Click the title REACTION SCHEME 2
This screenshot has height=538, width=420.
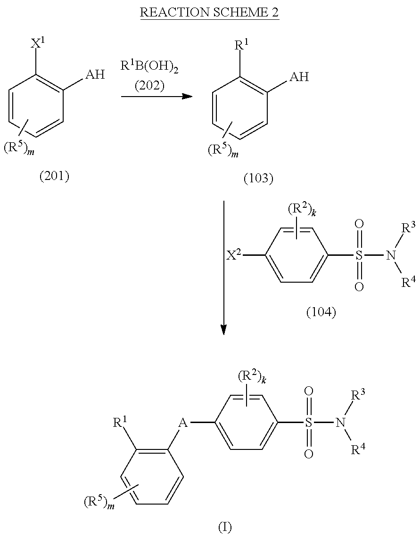pyautogui.click(x=210, y=12)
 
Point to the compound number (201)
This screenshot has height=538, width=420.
pyautogui.click(x=54, y=177)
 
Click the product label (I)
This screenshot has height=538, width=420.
pyautogui.click(x=226, y=526)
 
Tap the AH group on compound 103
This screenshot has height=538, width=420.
pyautogui.click(x=299, y=76)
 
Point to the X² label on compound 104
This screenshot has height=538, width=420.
pyautogui.click(x=234, y=257)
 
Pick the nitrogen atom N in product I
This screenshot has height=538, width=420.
pyautogui.click(x=339, y=423)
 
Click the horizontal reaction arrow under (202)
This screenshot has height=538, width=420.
pyautogui.click(x=157, y=96)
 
